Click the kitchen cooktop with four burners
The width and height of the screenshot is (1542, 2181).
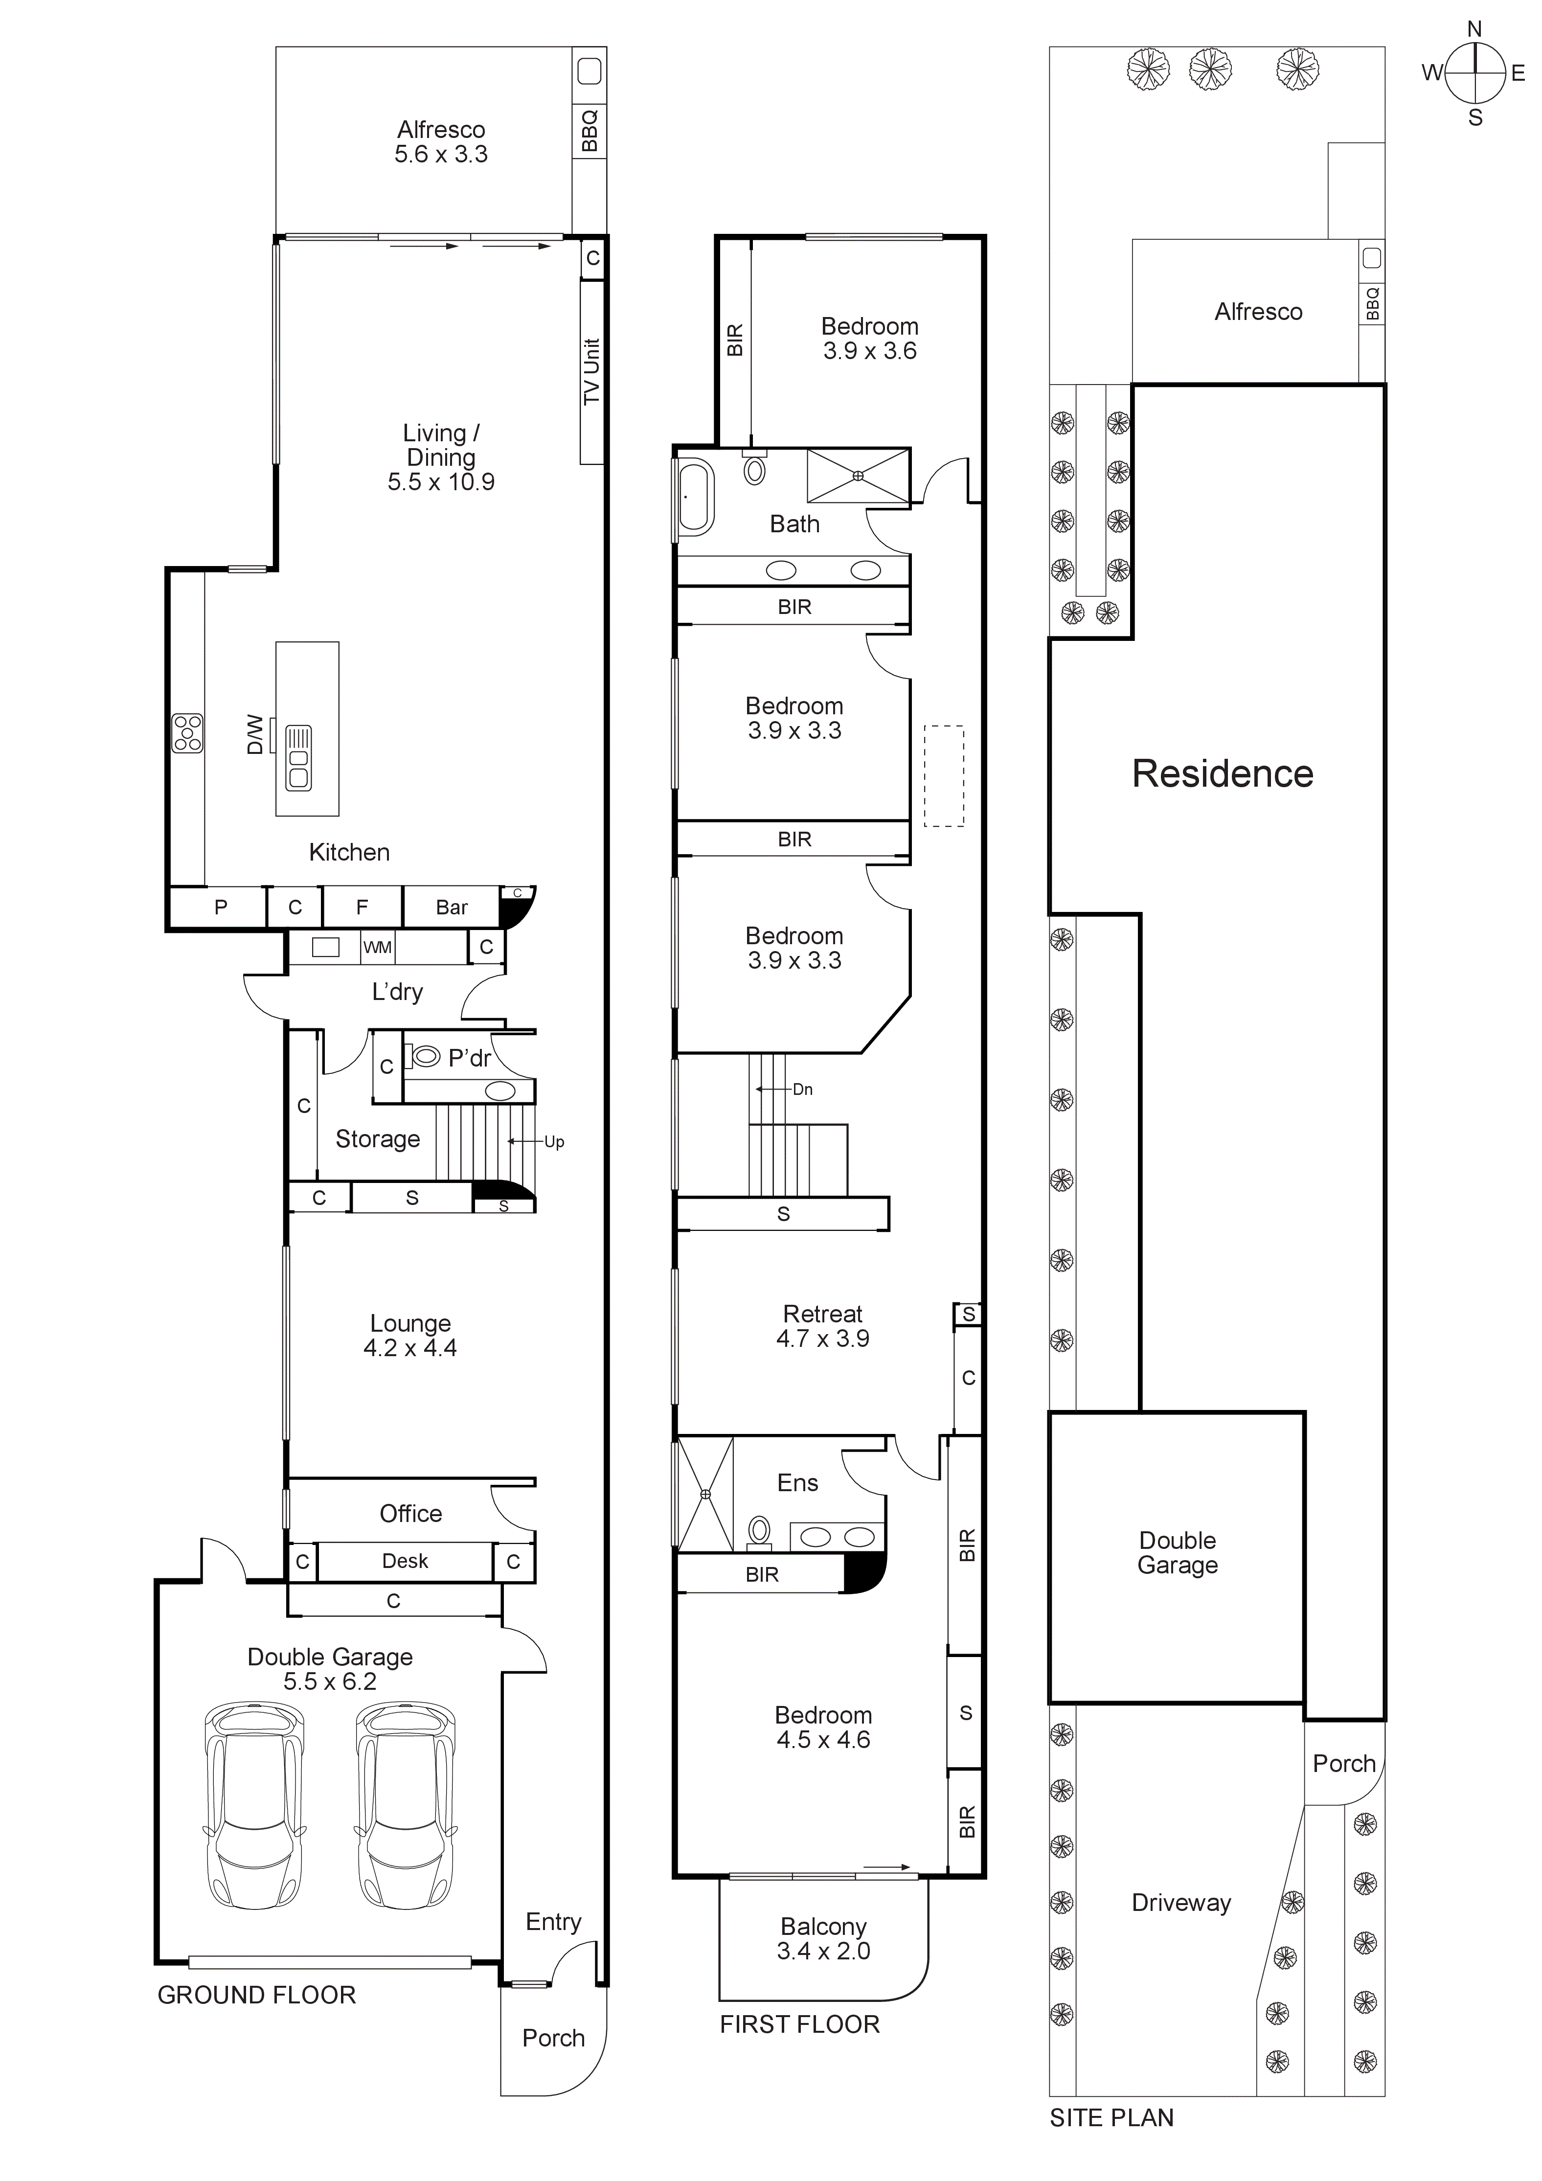coord(187,733)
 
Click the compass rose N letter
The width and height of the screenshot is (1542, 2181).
coord(1474,29)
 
